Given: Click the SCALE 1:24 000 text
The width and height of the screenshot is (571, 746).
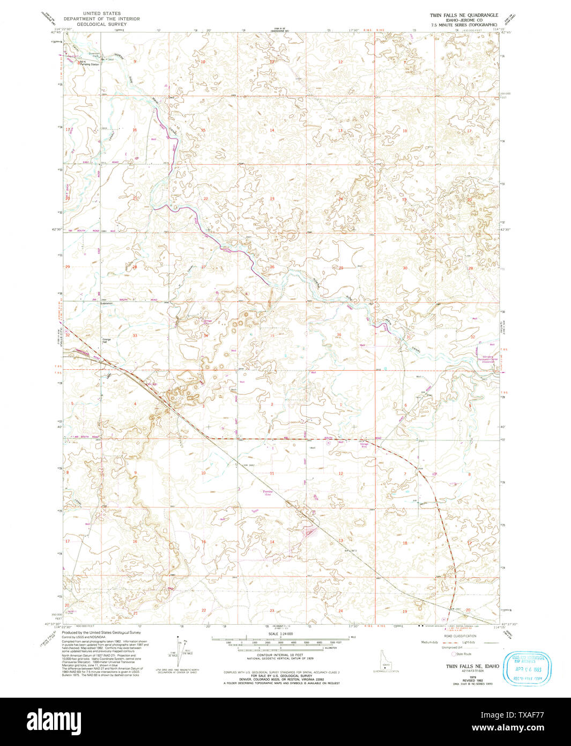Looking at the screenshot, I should pos(278,634).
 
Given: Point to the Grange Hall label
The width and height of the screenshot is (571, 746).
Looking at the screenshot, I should pos(106,340).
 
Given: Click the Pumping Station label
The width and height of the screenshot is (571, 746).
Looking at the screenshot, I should pos(90,64).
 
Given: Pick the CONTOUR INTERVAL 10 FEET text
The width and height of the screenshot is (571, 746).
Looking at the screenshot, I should pos(278,655).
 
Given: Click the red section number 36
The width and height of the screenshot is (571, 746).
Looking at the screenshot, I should pos(339,334).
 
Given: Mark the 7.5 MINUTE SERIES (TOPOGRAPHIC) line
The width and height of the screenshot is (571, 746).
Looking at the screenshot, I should pos(460,25).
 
